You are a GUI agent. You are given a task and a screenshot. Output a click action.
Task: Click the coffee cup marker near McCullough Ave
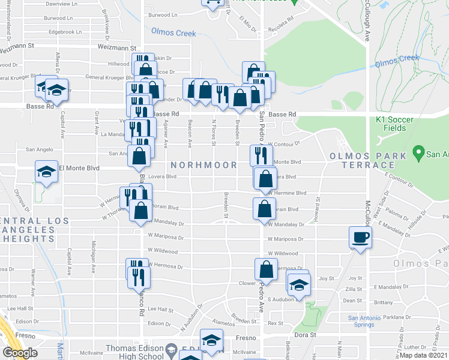(360, 237)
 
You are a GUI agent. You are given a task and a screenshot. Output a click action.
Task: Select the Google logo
(20, 353)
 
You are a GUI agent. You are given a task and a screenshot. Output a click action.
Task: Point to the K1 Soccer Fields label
(394, 124)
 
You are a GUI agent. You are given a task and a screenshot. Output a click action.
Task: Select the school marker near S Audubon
(298, 283)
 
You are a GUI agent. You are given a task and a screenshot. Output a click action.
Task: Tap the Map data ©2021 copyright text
(424, 355)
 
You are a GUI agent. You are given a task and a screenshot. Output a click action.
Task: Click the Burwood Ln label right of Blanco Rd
(163, 15)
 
